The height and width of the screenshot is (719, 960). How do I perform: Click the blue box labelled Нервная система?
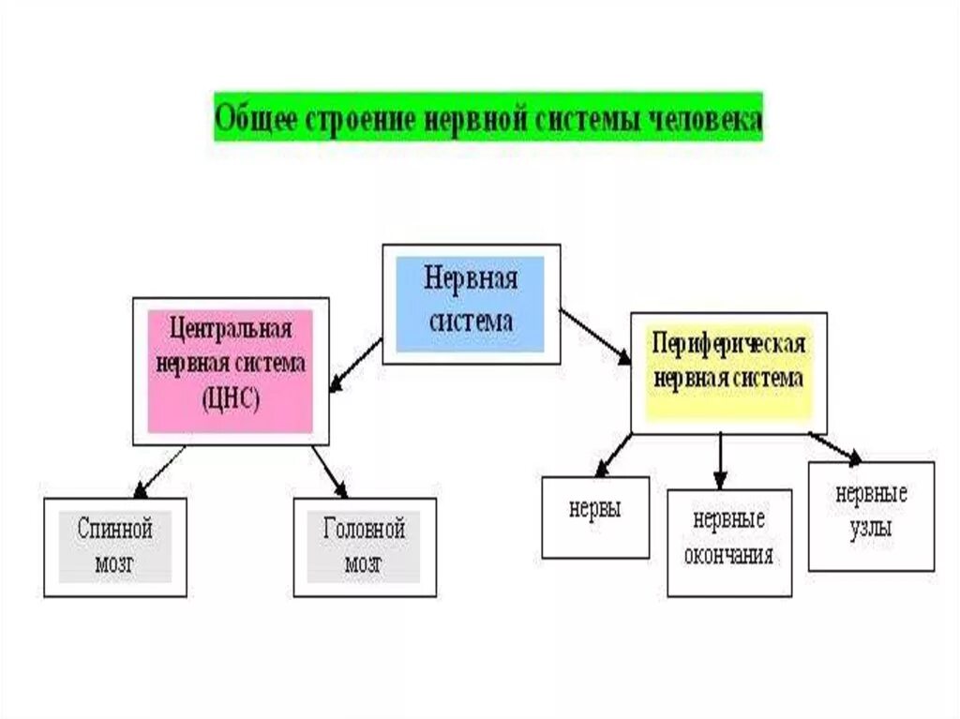(x=470, y=304)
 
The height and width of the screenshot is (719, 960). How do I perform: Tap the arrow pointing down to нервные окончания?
(x=720, y=459)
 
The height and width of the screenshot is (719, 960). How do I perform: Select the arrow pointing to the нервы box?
(x=614, y=455)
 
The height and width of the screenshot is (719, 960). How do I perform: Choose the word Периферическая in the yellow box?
(x=728, y=344)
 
